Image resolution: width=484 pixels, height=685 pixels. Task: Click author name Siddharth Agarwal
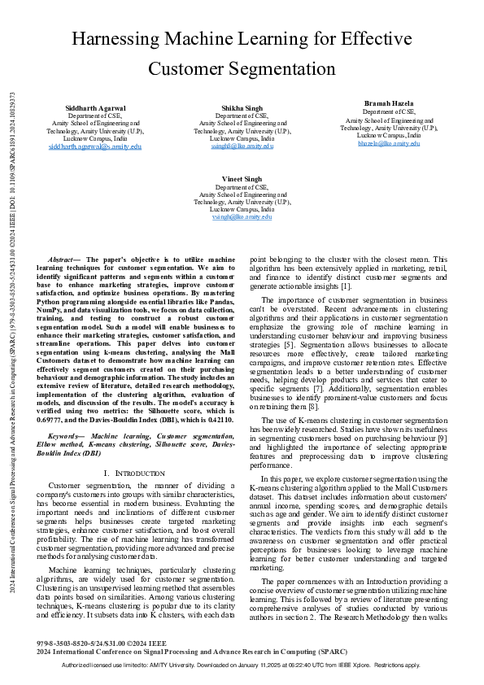(95, 108)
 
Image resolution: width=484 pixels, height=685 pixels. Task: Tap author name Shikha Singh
(242, 108)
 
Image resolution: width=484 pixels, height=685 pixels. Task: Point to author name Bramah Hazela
(389, 104)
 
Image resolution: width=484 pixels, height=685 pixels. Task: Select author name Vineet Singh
(242, 178)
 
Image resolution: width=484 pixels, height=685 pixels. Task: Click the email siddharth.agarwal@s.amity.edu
(95, 146)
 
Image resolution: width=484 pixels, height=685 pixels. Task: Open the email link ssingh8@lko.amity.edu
(242, 146)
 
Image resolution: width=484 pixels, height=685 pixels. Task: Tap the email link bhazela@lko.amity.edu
(389, 142)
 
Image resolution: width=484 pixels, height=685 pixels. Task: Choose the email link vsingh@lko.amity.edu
(242, 217)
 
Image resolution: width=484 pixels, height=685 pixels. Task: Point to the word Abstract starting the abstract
(64, 259)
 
